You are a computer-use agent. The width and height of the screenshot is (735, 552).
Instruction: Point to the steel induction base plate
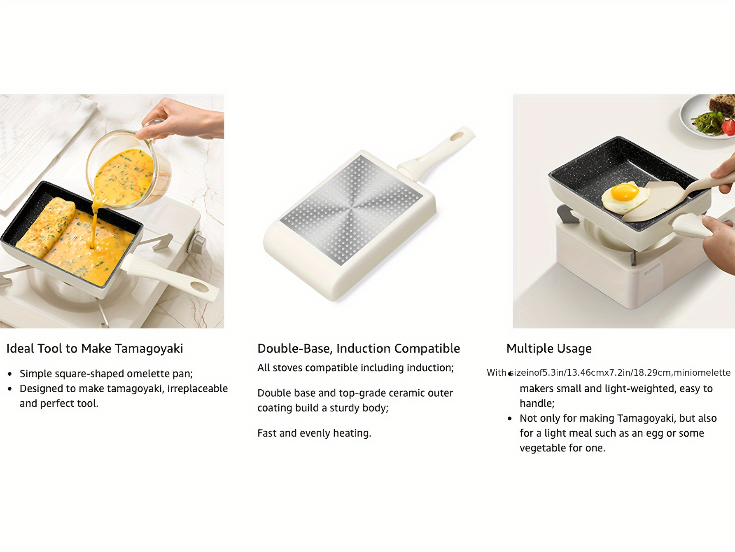(351, 210)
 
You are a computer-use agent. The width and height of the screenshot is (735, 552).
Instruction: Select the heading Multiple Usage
(549, 349)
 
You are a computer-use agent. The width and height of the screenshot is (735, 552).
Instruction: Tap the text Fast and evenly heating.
(314, 433)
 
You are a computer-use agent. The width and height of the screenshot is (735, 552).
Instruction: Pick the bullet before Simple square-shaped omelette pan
(10, 374)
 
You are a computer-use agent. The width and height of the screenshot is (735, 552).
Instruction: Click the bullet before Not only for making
(510, 419)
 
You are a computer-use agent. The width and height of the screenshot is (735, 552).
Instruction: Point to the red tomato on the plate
(729, 127)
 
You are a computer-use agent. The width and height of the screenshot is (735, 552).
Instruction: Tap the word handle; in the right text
(537, 404)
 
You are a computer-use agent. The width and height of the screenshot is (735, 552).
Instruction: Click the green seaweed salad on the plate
(707, 122)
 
